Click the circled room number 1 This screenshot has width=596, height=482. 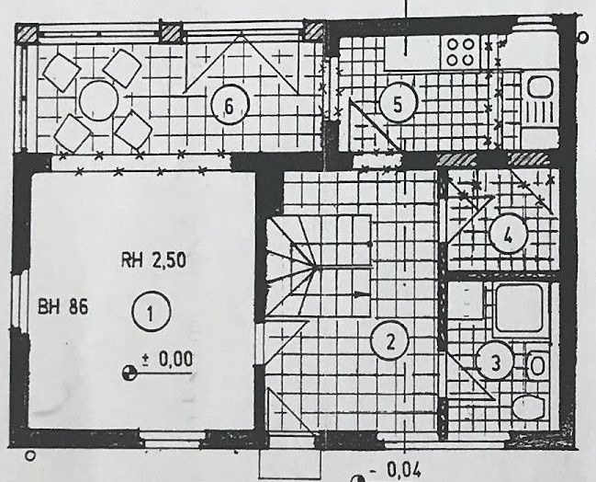coord(151,312)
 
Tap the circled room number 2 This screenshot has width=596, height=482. coord(390,340)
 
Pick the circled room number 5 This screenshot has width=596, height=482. coord(399,103)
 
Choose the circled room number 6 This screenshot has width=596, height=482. coord(230,106)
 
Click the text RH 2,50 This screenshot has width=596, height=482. coord(153,260)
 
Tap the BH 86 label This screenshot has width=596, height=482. coord(63,306)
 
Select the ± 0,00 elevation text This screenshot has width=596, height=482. coord(167,359)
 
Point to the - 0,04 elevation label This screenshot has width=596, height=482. coord(395,470)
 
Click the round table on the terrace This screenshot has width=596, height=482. coord(99,100)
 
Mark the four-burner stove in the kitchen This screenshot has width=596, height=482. coord(461,52)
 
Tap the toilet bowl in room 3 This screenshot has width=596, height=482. coord(529,407)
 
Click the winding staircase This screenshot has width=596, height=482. coord(318,266)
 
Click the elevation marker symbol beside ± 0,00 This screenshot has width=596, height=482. coord(129,373)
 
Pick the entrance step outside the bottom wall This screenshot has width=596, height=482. coord(289,465)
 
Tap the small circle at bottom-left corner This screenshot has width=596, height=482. coord(29,455)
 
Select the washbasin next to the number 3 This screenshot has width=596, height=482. coord(537,365)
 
